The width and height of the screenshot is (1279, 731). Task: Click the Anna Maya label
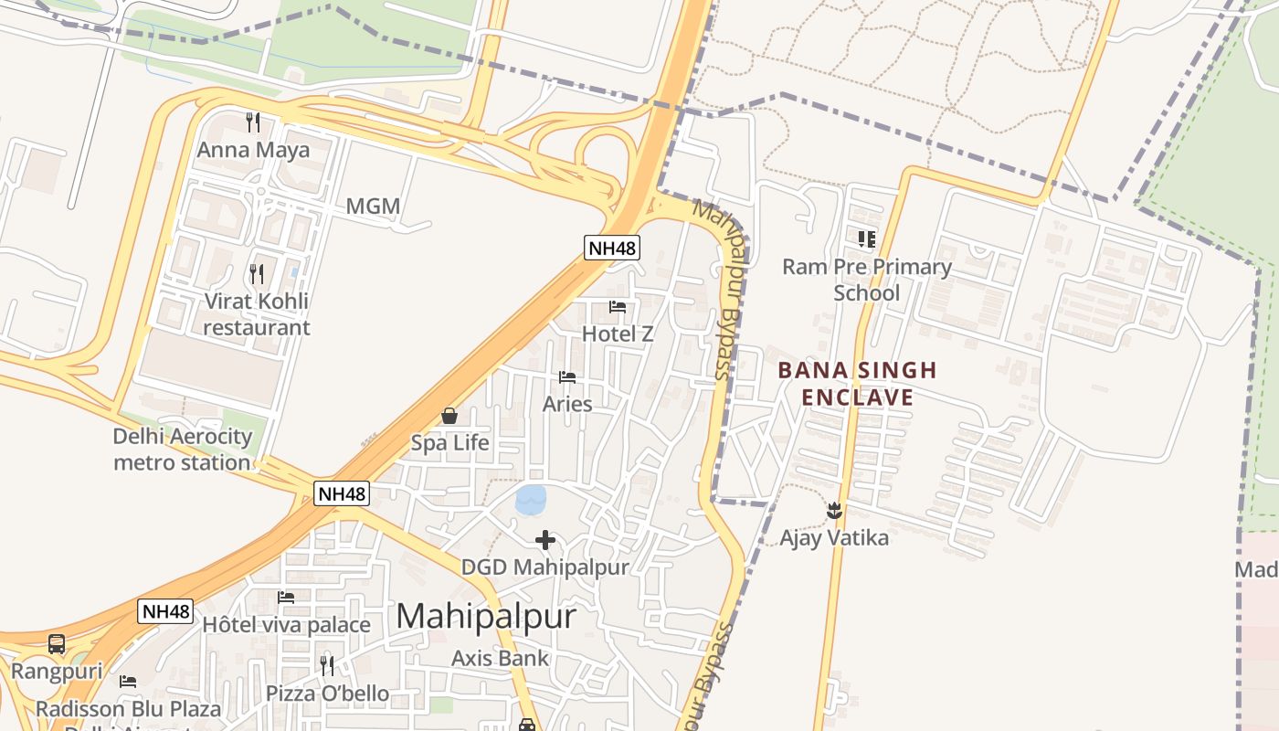[x=253, y=150]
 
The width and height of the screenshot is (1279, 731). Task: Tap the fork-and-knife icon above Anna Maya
[x=254, y=122]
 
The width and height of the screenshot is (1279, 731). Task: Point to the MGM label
[x=373, y=207]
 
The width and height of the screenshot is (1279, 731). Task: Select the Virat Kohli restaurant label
[x=257, y=314]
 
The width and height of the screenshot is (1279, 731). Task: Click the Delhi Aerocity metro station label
[x=182, y=450]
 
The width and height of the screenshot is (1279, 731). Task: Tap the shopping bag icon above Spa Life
[x=449, y=416]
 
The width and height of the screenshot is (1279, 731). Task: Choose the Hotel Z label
[x=618, y=334]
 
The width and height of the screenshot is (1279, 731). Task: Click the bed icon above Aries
[x=567, y=376]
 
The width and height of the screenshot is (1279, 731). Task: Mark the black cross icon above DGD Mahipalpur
[x=545, y=540]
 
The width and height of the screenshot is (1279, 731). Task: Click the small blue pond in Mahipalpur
[x=531, y=500]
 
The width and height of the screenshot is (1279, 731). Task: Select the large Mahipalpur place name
[x=487, y=616]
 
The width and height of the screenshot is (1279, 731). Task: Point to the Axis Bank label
[x=501, y=658]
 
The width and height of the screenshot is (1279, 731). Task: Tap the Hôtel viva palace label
[x=286, y=625]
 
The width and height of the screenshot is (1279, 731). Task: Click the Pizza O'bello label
[x=327, y=694]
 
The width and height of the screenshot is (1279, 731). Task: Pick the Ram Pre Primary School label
[x=867, y=280]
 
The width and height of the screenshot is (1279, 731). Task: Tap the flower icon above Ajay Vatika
[x=833, y=510]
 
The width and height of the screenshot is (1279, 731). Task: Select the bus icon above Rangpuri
[x=57, y=644]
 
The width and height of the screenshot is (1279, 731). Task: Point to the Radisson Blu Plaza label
[x=128, y=709]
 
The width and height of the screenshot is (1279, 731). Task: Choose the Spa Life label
[x=449, y=443]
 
